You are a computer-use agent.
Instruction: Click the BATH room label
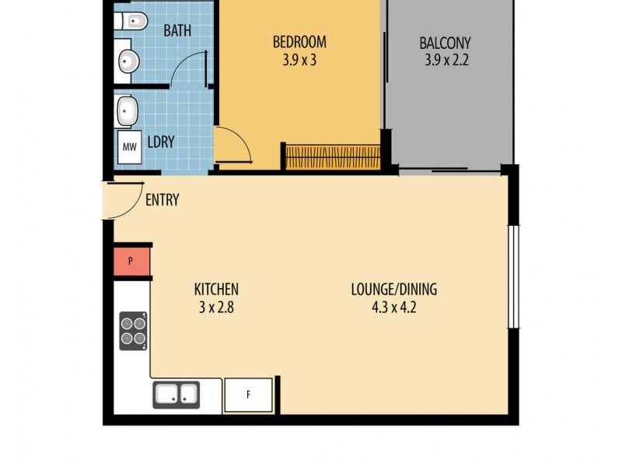[x=177, y=31]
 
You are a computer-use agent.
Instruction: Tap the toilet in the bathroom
[x=131, y=23]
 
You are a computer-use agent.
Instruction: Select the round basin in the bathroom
[x=128, y=61]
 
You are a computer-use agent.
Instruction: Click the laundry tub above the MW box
[x=128, y=111]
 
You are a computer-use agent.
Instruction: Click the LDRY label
[x=161, y=142]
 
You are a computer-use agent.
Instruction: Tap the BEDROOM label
[x=299, y=42]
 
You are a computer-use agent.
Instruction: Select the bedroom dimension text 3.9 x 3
[x=299, y=60]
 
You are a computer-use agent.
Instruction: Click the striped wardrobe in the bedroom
[x=333, y=156]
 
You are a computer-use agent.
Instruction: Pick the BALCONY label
[x=445, y=43]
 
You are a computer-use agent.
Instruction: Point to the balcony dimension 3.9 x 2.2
[x=446, y=60]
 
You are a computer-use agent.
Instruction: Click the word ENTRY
[x=162, y=200]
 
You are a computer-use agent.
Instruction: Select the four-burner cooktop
[x=133, y=330]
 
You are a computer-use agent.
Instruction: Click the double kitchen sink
[x=176, y=395]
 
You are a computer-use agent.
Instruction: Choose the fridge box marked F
[x=249, y=395]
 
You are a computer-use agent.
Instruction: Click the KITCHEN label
[x=216, y=290]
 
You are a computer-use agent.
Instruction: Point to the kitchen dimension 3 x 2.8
[x=216, y=307]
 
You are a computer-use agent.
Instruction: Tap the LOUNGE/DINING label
[x=393, y=290]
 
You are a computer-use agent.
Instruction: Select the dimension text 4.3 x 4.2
[x=393, y=307]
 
